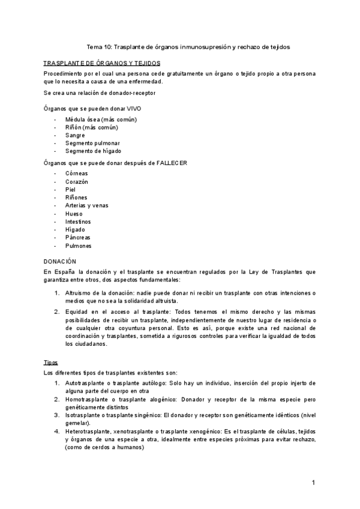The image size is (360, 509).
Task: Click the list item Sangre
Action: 75,135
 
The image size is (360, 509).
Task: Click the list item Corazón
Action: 77,182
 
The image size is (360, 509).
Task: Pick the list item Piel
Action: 70,190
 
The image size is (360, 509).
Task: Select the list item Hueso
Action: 74,214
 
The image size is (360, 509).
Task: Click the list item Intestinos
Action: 79,221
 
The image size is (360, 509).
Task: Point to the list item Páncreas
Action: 79,238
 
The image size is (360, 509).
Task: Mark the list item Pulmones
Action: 79,245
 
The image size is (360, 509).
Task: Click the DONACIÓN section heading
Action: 61,262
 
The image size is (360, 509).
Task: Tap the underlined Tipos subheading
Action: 51,363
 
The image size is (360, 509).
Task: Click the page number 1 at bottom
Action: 313,483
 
